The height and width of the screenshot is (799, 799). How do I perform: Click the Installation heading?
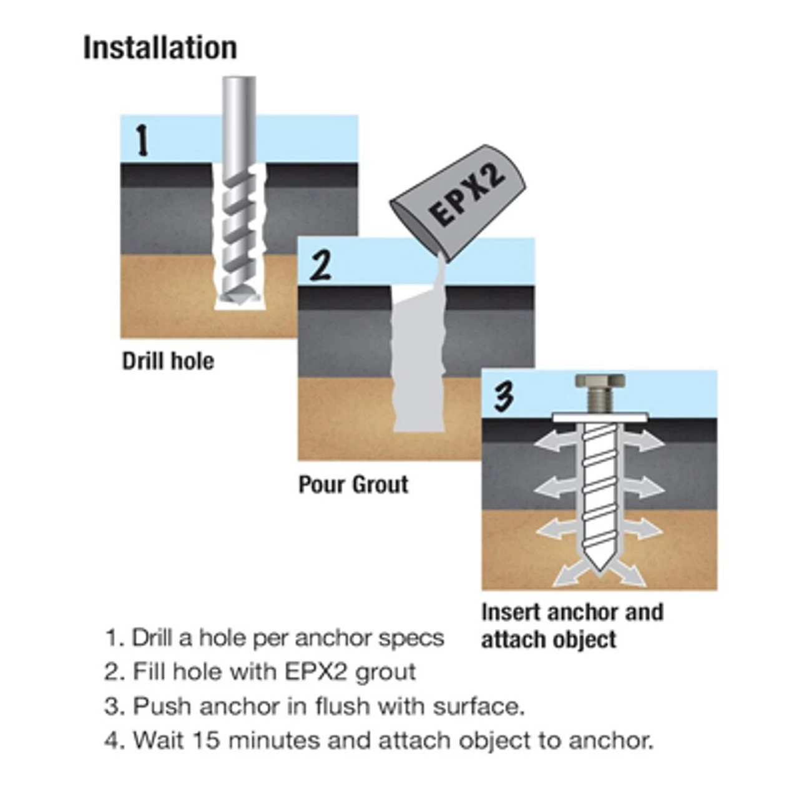[160, 49]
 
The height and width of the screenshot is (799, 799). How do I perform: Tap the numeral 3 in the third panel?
[504, 396]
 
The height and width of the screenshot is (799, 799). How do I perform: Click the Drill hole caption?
[168, 361]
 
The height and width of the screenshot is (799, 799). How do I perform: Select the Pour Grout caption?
[353, 484]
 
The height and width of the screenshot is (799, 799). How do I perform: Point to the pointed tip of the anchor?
[600, 571]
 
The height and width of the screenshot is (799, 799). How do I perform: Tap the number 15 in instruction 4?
[206, 740]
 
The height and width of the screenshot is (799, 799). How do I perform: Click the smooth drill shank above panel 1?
[239, 120]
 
